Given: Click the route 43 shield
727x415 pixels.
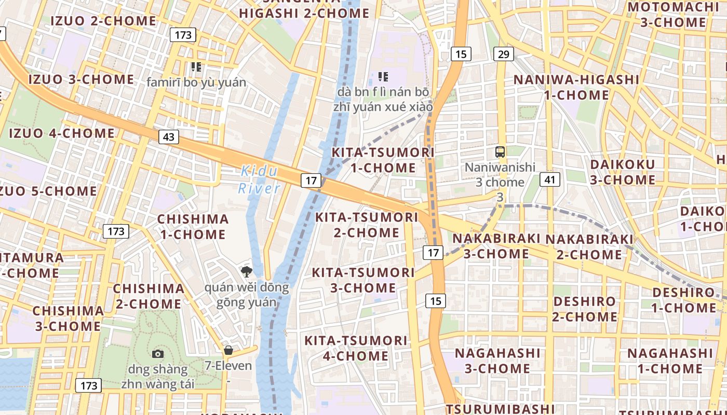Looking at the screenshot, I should point(168,137).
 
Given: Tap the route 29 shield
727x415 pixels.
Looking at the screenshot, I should point(503,54).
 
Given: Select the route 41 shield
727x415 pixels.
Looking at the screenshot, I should point(550,179).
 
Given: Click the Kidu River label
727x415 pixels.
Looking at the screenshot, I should point(259,179).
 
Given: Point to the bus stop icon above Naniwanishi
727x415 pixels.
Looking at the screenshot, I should point(500,152).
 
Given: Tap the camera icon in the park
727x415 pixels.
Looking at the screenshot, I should point(158,354).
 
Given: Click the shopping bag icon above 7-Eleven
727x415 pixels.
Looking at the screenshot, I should point(228,350).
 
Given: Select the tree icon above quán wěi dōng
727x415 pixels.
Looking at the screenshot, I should point(247,271).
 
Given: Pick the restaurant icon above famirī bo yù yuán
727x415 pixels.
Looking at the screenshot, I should point(196,66).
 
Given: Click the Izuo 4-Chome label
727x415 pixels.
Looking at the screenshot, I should point(62,133).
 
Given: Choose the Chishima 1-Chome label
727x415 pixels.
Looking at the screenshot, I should point(193,227).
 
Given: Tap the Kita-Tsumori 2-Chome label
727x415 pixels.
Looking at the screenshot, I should point(367,225).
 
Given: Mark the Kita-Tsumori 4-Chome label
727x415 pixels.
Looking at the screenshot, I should point(356,348).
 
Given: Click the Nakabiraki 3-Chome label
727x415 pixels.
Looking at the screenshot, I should point(496,246).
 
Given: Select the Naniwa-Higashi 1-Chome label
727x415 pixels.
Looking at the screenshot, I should point(576,87).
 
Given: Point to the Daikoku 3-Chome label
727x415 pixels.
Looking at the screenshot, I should point(623,172).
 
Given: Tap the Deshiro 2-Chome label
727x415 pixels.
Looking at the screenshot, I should point(584,309).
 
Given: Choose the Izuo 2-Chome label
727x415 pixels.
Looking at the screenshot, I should point(103,21).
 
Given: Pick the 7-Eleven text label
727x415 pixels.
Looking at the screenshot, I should point(228,366).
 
